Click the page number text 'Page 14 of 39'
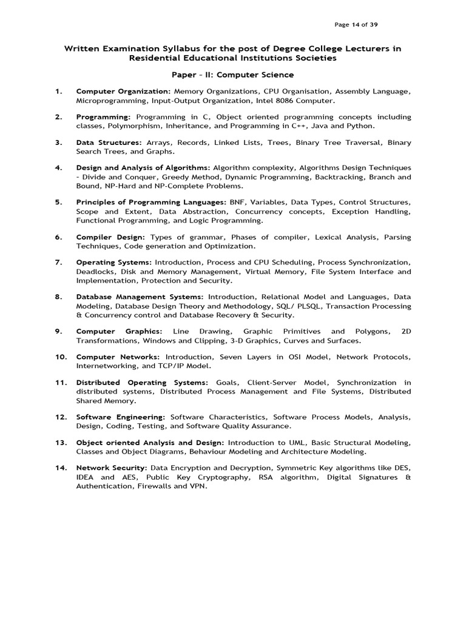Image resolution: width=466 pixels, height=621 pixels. coord(357,24)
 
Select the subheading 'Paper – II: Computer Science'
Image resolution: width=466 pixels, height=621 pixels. coord(233,75)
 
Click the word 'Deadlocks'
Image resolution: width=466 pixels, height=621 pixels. coord(95,272)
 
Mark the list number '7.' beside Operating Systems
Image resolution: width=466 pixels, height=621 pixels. coord(59,263)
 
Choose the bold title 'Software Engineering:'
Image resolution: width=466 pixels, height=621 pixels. coord(120,417)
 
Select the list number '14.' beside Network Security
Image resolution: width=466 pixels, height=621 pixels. coord(61,468)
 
